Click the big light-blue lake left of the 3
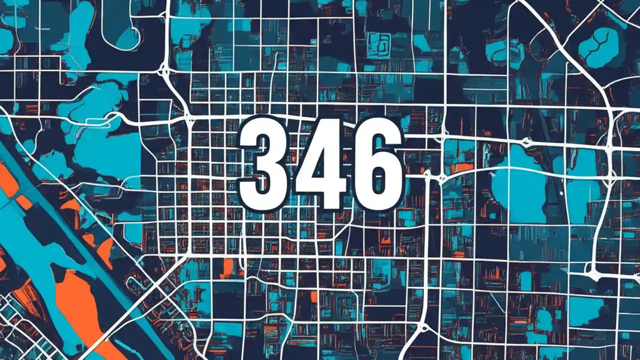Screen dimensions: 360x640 [107, 150]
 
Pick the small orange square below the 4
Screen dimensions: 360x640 [314, 297]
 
